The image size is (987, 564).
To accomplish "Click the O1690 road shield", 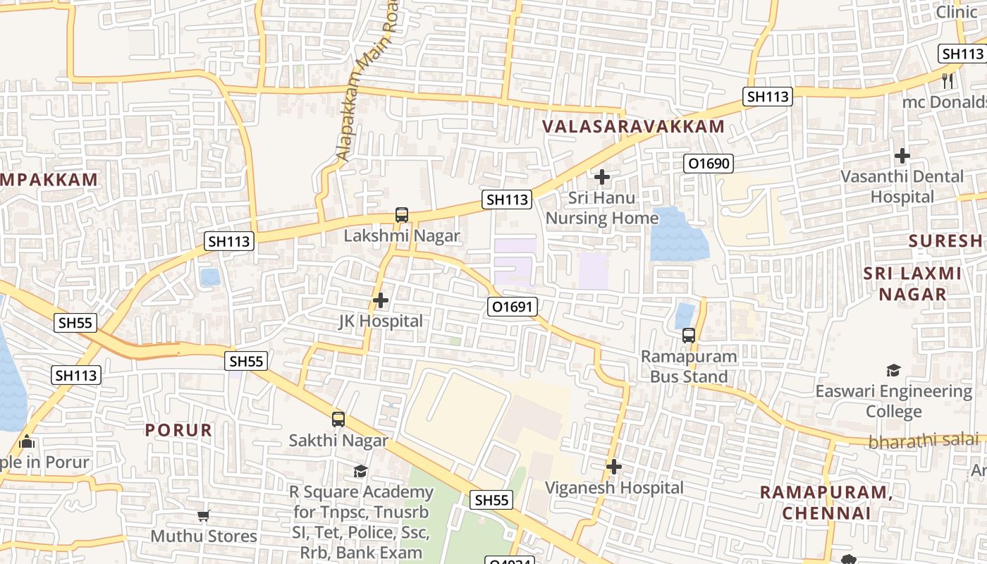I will (x=709, y=164).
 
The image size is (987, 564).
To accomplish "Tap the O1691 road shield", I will (x=513, y=307).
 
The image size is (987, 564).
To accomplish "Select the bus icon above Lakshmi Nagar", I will (x=402, y=215).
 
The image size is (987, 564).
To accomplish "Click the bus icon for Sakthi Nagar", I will (x=338, y=419).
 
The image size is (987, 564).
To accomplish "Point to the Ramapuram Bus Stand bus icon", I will (x=689, y=336).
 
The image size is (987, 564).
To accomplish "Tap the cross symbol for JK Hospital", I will (x=381, y=301).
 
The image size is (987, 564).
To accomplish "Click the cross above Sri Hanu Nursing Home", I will (x=602, y=177).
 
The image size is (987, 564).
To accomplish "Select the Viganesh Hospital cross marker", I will (x=614, y=467).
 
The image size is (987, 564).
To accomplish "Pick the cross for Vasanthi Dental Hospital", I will (x=902, y=156).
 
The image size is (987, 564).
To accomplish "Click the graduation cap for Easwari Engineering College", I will (x=893, y=370).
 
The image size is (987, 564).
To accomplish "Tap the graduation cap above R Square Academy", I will (x=361, y=471).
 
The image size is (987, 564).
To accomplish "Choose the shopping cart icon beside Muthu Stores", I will (x=204, y=516).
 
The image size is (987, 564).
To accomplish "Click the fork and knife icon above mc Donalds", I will (x=948, y=80).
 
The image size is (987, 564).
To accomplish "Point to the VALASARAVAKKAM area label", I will (x=633, y=127).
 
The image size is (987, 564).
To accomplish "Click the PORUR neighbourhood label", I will (x=178, y=430).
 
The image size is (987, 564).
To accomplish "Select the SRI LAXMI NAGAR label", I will (x=913, y=283).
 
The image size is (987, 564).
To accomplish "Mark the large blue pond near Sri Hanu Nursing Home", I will (x=678, y=235).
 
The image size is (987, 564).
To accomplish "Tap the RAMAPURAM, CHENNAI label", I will (x=826, y=503).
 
